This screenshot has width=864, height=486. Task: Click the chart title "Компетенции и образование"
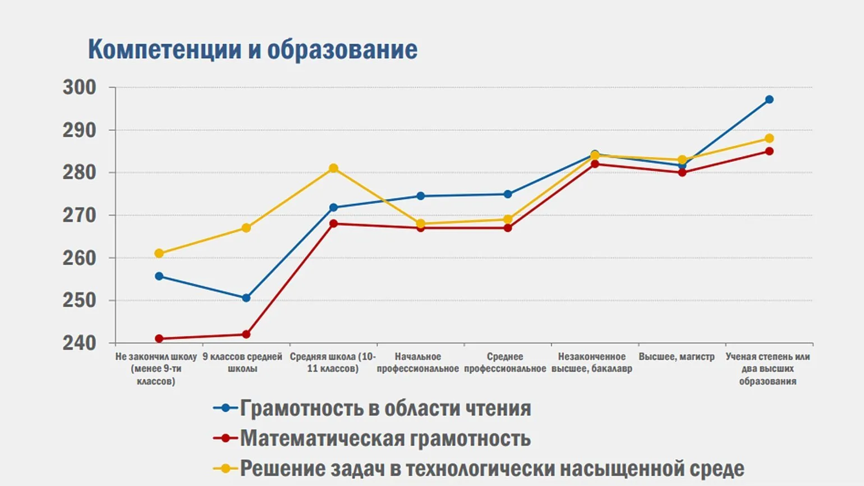[x=252, y=49]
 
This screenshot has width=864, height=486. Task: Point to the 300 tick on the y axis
[x=80, y=88]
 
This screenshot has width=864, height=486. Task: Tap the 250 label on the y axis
[x=80, y=300]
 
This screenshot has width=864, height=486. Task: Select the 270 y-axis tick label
[x=80, y=215]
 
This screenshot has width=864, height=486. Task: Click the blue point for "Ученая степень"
[x=769, y=99]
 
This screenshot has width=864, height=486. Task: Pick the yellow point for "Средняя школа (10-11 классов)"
[x=333, y=168]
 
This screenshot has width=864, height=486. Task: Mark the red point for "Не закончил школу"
[x=159, y=338]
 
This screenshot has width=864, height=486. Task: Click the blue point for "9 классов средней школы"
[x=246, y=298]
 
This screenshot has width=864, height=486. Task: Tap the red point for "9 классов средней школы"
[x=246, y=334]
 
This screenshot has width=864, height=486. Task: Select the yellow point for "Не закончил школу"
[x=159, y=253]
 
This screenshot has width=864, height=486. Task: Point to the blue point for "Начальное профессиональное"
[x=420, y=196]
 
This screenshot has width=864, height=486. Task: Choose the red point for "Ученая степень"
[x=769, y=151]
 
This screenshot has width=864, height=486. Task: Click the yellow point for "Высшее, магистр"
[x=682, y=160]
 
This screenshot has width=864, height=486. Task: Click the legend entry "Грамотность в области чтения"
[x=385, y=408]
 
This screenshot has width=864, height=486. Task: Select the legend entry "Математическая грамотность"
[x=385, y=438]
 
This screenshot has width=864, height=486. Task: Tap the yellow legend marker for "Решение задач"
[x=226, y=468]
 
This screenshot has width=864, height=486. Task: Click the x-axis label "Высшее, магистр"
[x=677, y=356]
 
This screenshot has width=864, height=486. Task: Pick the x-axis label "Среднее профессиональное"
[x=505, y=363]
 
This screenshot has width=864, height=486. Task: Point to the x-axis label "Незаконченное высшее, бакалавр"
[x=592, y=363]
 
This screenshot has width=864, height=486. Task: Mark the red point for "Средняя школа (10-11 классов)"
[x=333, y=223]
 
